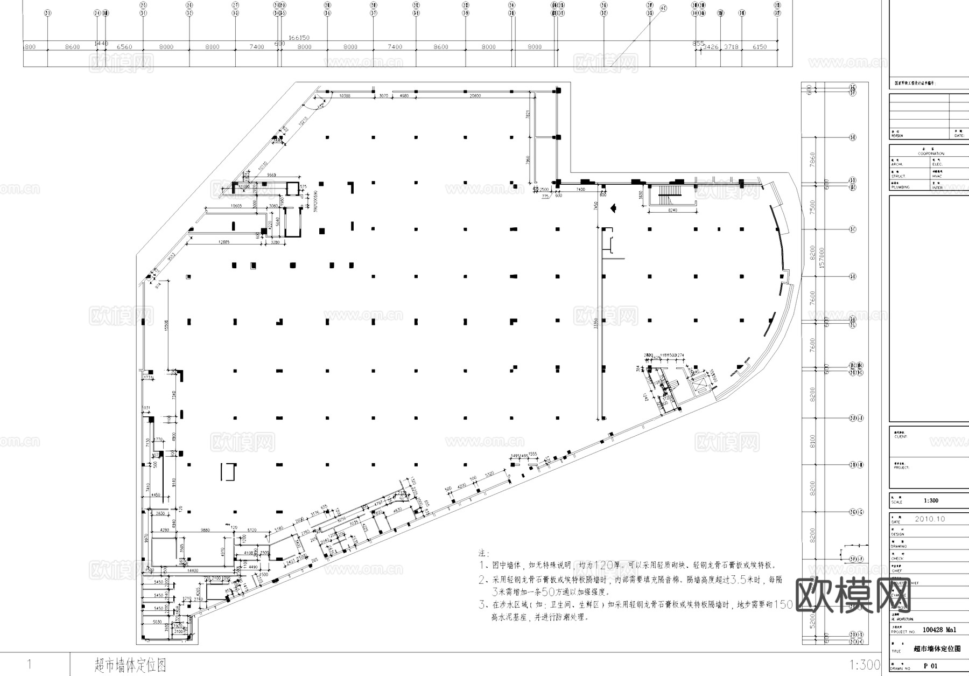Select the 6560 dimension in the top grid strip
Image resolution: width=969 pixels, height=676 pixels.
(124, 47)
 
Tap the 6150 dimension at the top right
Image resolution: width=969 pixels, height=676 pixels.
(759, 47)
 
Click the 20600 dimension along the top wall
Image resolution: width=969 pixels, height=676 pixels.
(475, 96)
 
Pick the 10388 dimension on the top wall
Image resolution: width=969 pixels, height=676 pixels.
(345, 96)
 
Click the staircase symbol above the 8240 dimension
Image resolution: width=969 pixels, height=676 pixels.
(670, 192)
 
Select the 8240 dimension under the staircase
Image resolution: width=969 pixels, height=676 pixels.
(672, 210)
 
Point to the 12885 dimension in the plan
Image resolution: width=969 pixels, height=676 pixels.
(220, 242)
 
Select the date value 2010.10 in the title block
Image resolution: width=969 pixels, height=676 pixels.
(930, 519)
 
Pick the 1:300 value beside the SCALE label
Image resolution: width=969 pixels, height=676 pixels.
(931, 500)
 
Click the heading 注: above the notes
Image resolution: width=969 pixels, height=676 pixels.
(483, 553)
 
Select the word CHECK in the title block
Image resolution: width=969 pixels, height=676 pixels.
(897, 559)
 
